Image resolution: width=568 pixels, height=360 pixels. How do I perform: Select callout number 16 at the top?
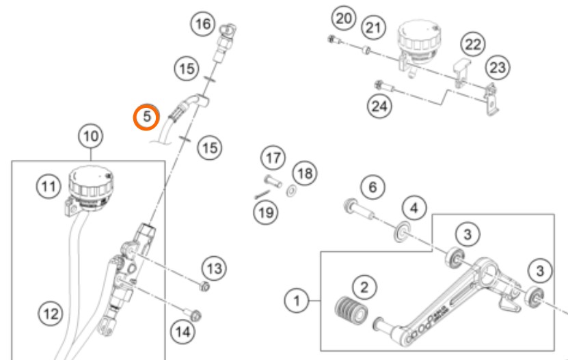[202, 25]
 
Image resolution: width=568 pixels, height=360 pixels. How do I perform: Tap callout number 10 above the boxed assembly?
[92, 137]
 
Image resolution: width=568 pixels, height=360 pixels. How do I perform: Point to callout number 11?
[48, 186]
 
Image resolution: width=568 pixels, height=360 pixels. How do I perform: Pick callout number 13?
[215, 268]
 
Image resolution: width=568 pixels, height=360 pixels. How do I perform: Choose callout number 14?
[181, 332]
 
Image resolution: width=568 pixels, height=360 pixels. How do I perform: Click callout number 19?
[265, 212]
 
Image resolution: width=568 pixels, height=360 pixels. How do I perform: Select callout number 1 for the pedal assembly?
[297, 299]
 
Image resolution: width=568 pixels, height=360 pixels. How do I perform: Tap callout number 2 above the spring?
[364, 288]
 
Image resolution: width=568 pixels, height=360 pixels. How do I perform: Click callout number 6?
[373, 186]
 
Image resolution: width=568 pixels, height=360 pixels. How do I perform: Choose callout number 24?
[377, 105]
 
